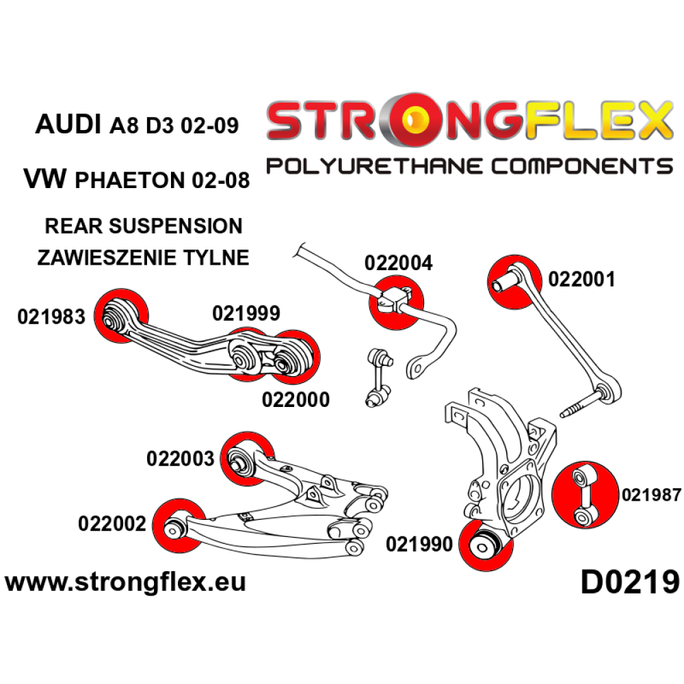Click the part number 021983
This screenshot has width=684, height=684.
tap(51, 317)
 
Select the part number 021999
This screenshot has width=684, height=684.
tap(246, 314)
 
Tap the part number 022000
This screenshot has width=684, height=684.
tap(295, 399)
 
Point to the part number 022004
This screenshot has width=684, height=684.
tap(398, 263)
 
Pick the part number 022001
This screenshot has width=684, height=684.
tap(581, 279)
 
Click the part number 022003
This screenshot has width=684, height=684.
tap(181, 458)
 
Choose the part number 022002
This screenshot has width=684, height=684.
tap(113, 524)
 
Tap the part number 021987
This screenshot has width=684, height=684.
tap(650, 495)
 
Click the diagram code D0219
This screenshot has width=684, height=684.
tap(629, 583)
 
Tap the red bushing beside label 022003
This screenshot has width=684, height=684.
tap(246, 458)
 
